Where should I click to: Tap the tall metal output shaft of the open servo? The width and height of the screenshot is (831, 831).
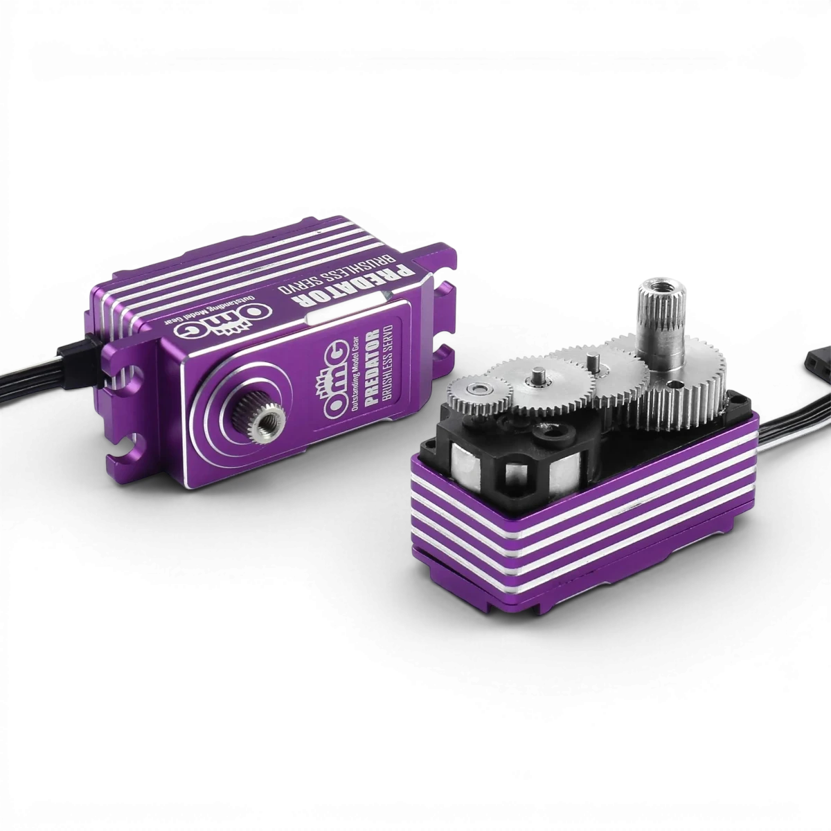[x=659, y=323]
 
